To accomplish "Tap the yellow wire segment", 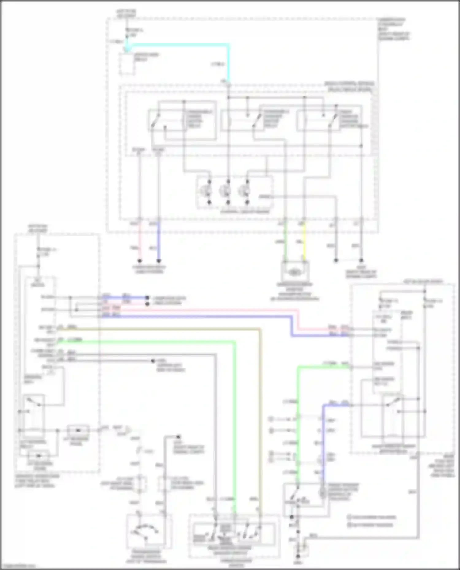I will [x=304, y=242].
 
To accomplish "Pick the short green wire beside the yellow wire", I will [x=285, y=242].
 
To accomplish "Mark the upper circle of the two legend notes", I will [x=349, y=517].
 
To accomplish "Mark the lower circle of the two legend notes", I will [x=349, y=525].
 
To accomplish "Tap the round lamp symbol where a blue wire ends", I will [x=323, y=493].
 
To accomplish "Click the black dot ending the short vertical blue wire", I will [x=159, y=261].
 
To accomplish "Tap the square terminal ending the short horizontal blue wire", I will [x=147, y=298].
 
